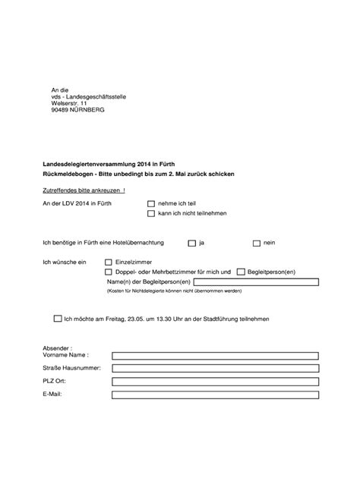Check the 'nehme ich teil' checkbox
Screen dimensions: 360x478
[150, 204]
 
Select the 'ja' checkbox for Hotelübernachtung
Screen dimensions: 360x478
[192, 243]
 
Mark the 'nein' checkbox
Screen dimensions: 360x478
[256, 243]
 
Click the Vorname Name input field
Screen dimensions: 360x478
[214, 355]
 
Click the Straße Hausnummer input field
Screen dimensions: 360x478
[214, 368]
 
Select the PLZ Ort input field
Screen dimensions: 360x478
[214, 382]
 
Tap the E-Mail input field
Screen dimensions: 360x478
[214, 395]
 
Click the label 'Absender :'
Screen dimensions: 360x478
[58, 346]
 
